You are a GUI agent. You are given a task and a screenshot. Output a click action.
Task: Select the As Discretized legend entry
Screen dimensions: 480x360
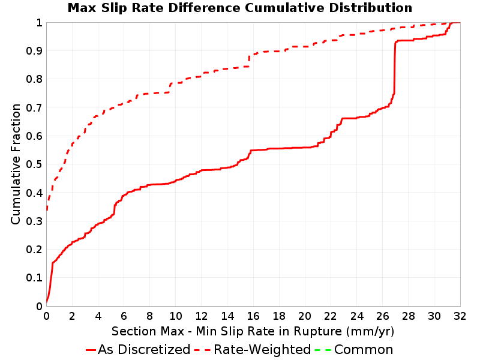coord(139,349)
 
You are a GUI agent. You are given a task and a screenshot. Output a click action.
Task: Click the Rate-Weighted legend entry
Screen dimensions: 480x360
coord(253,349)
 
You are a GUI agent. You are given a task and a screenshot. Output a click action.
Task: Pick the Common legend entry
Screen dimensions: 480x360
coord(354,349)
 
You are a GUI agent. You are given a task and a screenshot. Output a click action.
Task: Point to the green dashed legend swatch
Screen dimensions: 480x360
coord(323,350)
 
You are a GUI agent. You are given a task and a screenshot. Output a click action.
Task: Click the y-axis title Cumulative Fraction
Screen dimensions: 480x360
coord(16,164)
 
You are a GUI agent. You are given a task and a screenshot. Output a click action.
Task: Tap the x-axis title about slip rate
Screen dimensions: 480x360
coord(253,331)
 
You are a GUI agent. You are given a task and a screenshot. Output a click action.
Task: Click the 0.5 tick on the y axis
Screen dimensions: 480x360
coord(34,164)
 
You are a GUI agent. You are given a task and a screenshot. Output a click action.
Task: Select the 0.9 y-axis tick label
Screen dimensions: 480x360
coord(34,50)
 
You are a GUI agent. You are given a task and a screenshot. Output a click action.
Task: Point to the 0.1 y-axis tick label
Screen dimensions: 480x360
coord(34,277)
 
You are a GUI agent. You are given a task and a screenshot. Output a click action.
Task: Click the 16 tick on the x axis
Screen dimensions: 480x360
coord(253,316)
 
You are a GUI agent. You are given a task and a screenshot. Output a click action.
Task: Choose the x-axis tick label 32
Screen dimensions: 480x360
coord(460,316)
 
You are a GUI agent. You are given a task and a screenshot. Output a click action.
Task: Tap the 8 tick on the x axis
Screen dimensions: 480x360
coord(149,316)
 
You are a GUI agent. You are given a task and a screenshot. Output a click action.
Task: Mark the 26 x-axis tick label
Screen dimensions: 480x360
coord(382,316)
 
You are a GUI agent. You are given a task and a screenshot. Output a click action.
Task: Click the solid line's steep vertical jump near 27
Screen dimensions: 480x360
coord(395,67)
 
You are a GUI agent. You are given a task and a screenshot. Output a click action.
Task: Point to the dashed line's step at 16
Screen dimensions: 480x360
coord(249,61)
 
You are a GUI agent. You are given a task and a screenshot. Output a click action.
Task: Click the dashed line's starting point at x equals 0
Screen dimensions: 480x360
coord(47,211)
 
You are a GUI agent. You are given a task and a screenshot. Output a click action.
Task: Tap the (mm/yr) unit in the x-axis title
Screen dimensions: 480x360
coord(370,331)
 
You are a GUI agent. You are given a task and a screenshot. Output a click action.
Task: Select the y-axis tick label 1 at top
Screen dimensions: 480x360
coord(39,22)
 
